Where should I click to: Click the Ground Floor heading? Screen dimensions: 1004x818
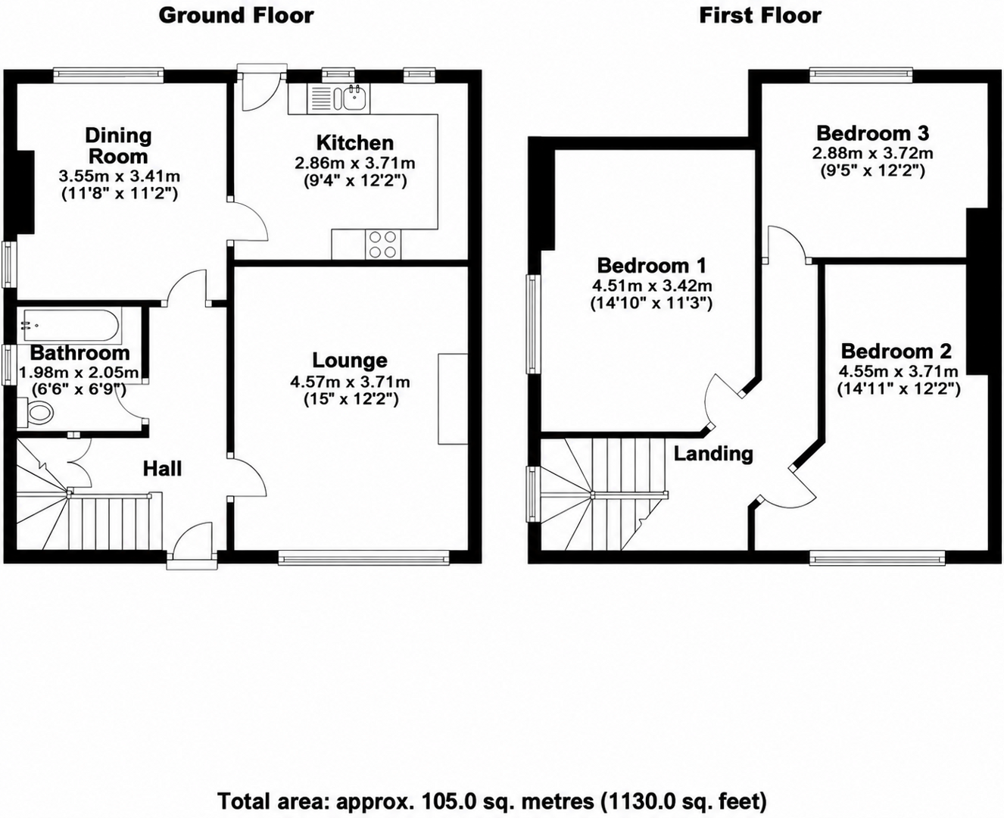tap(236, 16)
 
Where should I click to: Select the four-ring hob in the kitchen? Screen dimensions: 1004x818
tap(382, 245)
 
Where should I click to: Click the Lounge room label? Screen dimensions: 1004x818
tap(350, 361)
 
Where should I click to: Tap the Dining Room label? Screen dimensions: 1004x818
tap(119, 145)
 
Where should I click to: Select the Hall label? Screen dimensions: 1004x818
tap(163, 469)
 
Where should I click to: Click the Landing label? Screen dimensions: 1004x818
tap(713, 454)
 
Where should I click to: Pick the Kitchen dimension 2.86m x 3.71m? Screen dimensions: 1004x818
tap(355, 163)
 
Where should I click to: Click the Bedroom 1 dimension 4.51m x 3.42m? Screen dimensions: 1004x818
tap(652, 286)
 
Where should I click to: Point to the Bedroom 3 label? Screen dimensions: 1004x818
tap(872, 133)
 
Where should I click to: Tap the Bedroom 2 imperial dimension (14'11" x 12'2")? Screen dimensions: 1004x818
tap(899, 389)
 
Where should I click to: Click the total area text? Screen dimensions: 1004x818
tap(492, 801)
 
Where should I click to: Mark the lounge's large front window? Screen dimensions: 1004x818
tap(364, 559)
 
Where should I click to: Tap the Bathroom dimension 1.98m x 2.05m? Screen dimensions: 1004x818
tap(79, 373)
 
